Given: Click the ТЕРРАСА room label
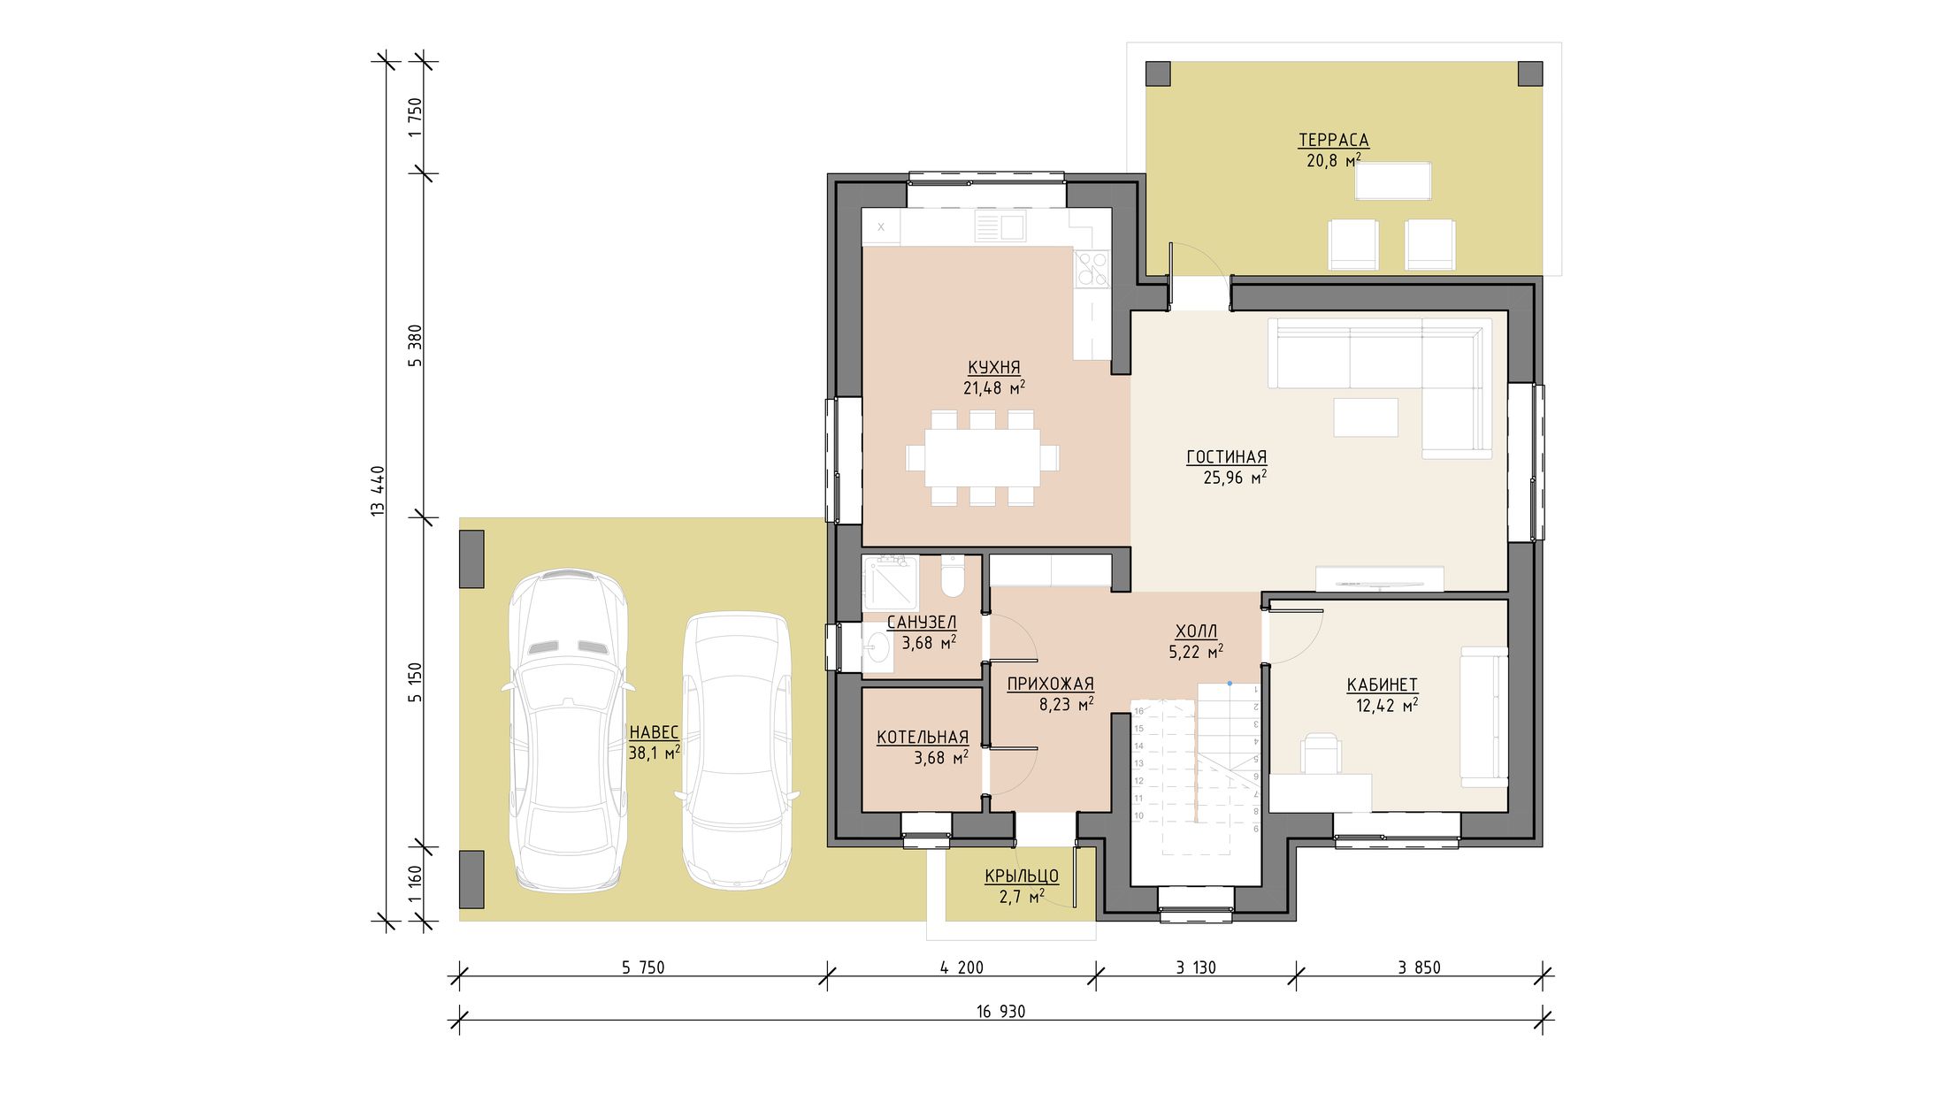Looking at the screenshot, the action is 1333,140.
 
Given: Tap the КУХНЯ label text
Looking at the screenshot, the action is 993,367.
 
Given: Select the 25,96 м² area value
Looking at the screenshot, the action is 1235,478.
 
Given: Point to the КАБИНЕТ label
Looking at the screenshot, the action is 1382,685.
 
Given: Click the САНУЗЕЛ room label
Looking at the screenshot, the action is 921,623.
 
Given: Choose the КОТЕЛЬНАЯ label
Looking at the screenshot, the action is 923,737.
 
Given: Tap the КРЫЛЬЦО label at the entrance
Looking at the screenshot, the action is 1022,876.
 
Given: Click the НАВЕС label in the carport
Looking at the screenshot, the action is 654,732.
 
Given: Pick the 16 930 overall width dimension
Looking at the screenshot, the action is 1001,1012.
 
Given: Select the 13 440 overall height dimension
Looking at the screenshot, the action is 379,491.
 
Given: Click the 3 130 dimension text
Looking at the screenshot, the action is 1196,968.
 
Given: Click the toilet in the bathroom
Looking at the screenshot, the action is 953,576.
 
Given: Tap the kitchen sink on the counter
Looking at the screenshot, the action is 1000,226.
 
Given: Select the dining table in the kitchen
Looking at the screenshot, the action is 983,458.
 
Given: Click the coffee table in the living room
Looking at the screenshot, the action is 1366,417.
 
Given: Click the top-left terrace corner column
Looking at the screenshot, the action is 1158,73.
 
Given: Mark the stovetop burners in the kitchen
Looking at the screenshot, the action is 1092,268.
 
